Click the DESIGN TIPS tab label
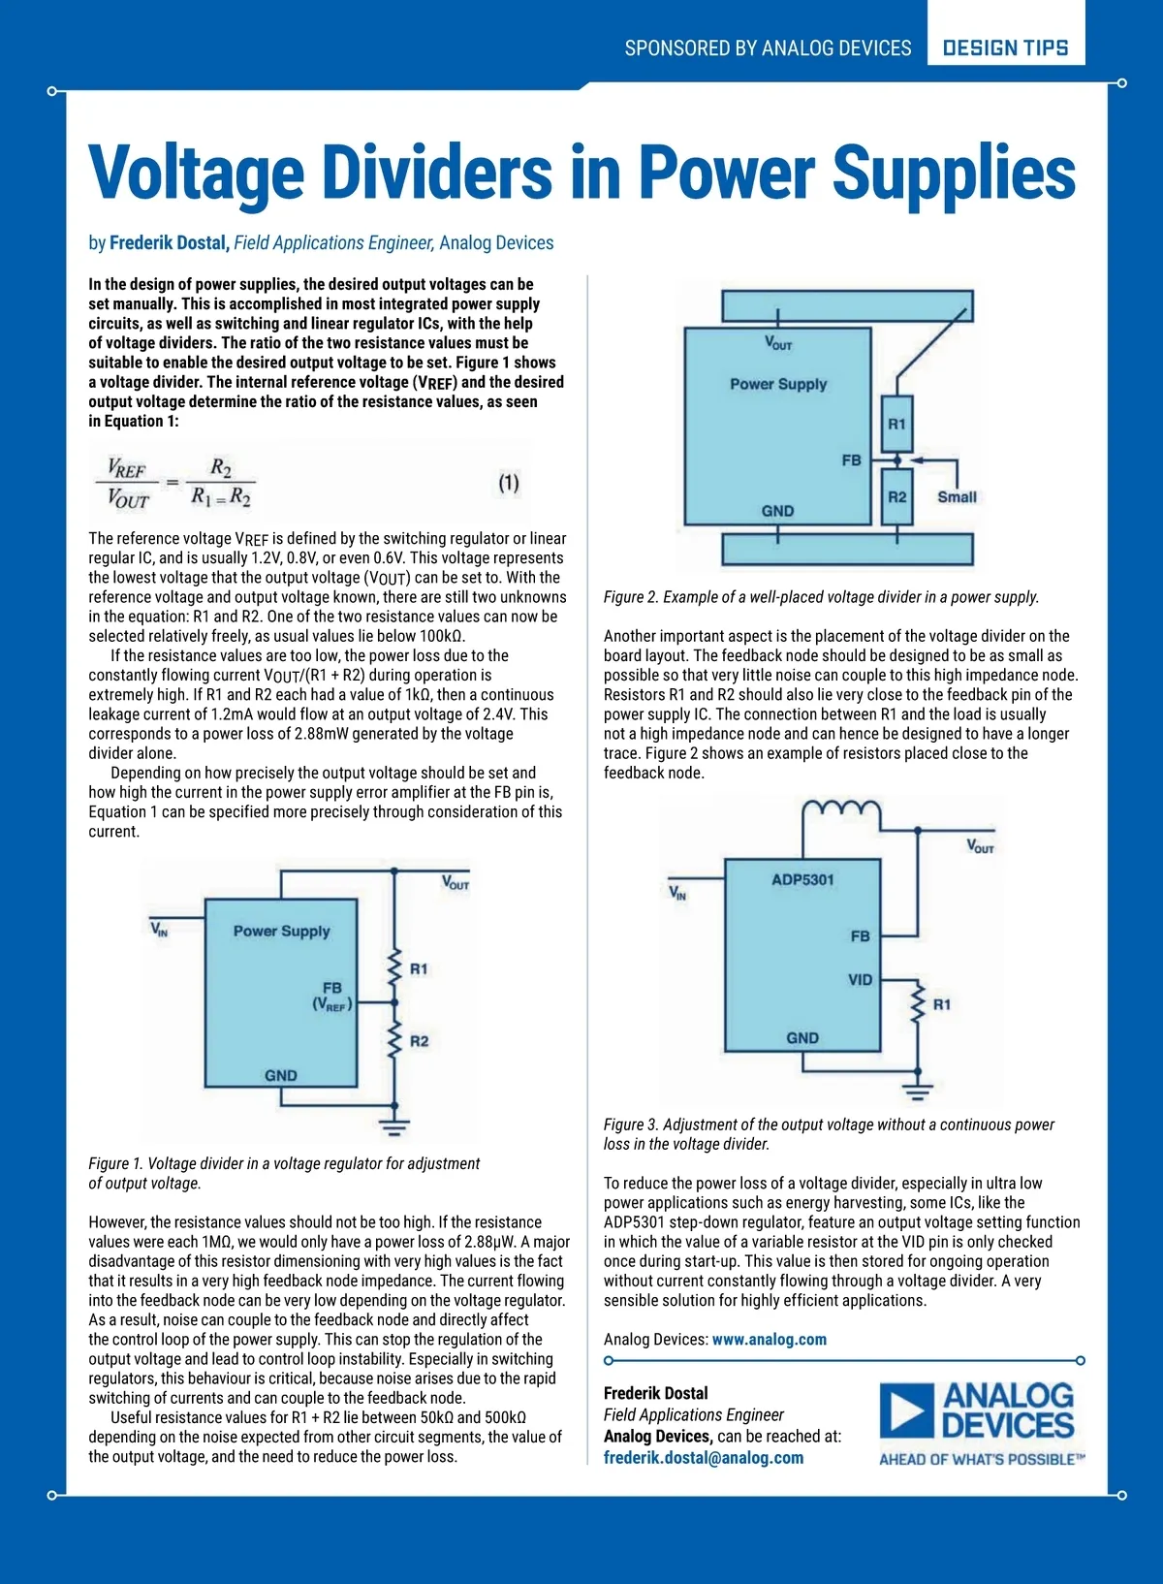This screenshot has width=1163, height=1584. tap(1005, 48)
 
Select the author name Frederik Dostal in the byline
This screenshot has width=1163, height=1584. tap(169, 243)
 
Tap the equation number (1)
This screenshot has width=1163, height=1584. tap(509, 483)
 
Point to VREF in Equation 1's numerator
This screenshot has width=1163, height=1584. tap(127, 468)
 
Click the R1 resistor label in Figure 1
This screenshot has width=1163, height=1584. tap(419, 968)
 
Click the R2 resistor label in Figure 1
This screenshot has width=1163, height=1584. tap(419, 1041)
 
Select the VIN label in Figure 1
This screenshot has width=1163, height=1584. tap(159, 929)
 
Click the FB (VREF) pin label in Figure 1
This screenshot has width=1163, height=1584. tap(332, 997)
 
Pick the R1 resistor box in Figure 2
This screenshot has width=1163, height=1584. tap(897, 424)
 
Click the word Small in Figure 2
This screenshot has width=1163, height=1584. tap(957, 496)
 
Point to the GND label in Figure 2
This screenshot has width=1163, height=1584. tap(777, 511)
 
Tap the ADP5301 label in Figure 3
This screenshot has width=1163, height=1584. tap(802, 880)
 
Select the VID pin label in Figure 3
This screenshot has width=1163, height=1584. tap(860, 980)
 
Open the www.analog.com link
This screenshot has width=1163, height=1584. tap(770, 1340)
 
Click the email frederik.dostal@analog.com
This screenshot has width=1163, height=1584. tap(704, 1458)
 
